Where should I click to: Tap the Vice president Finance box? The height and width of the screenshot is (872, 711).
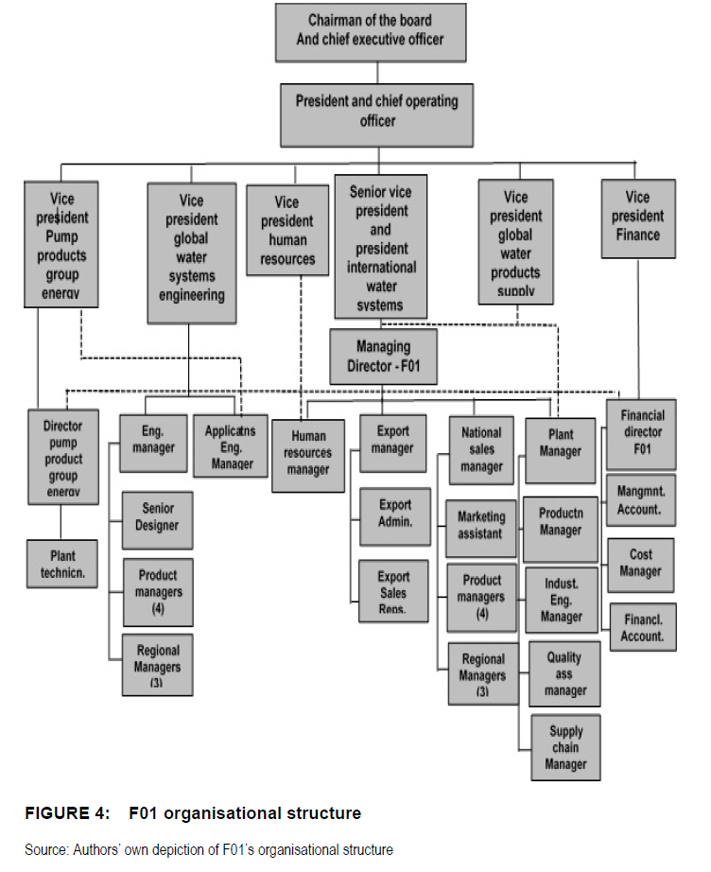point(637,217)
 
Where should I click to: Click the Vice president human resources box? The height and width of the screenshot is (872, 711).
point(286,230)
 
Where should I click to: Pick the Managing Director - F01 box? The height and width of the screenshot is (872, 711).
point(383,356)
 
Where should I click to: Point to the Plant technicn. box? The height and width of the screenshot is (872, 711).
point(61,564)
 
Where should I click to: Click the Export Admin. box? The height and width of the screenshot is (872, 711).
point(394,514)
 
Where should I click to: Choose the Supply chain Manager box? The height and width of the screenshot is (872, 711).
point(564,747)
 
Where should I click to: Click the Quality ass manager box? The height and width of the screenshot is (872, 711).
point(564,673)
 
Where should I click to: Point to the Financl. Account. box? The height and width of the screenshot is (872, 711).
point(642,628)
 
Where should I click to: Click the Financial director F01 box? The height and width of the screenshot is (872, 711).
point(642,431)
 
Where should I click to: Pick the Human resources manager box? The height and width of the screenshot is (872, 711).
point(307,453)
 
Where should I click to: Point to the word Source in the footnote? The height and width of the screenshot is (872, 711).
point(46,849)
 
